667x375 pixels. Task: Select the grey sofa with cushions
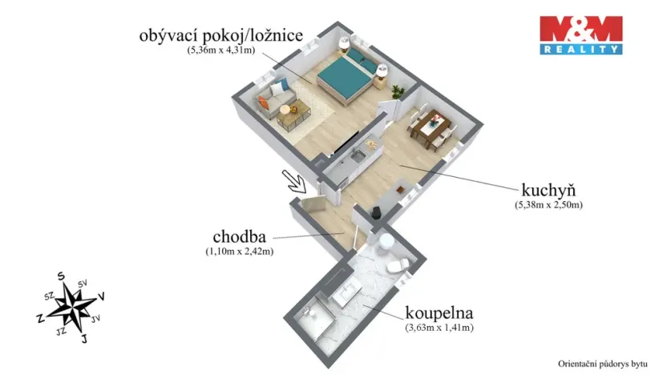tap(273, 100)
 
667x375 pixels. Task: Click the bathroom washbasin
tap(353, 292)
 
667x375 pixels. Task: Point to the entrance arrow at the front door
tap(294, 180)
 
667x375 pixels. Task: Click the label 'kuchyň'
tap(549, 192)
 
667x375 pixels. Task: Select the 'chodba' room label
tap(239, 238)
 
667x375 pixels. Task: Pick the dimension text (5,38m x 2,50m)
tap(548, 205)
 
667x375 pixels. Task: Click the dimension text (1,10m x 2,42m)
tap(239, 252)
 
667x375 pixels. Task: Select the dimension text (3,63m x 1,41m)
tap(439, 329)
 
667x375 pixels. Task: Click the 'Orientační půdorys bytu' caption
tap(602, 363)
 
